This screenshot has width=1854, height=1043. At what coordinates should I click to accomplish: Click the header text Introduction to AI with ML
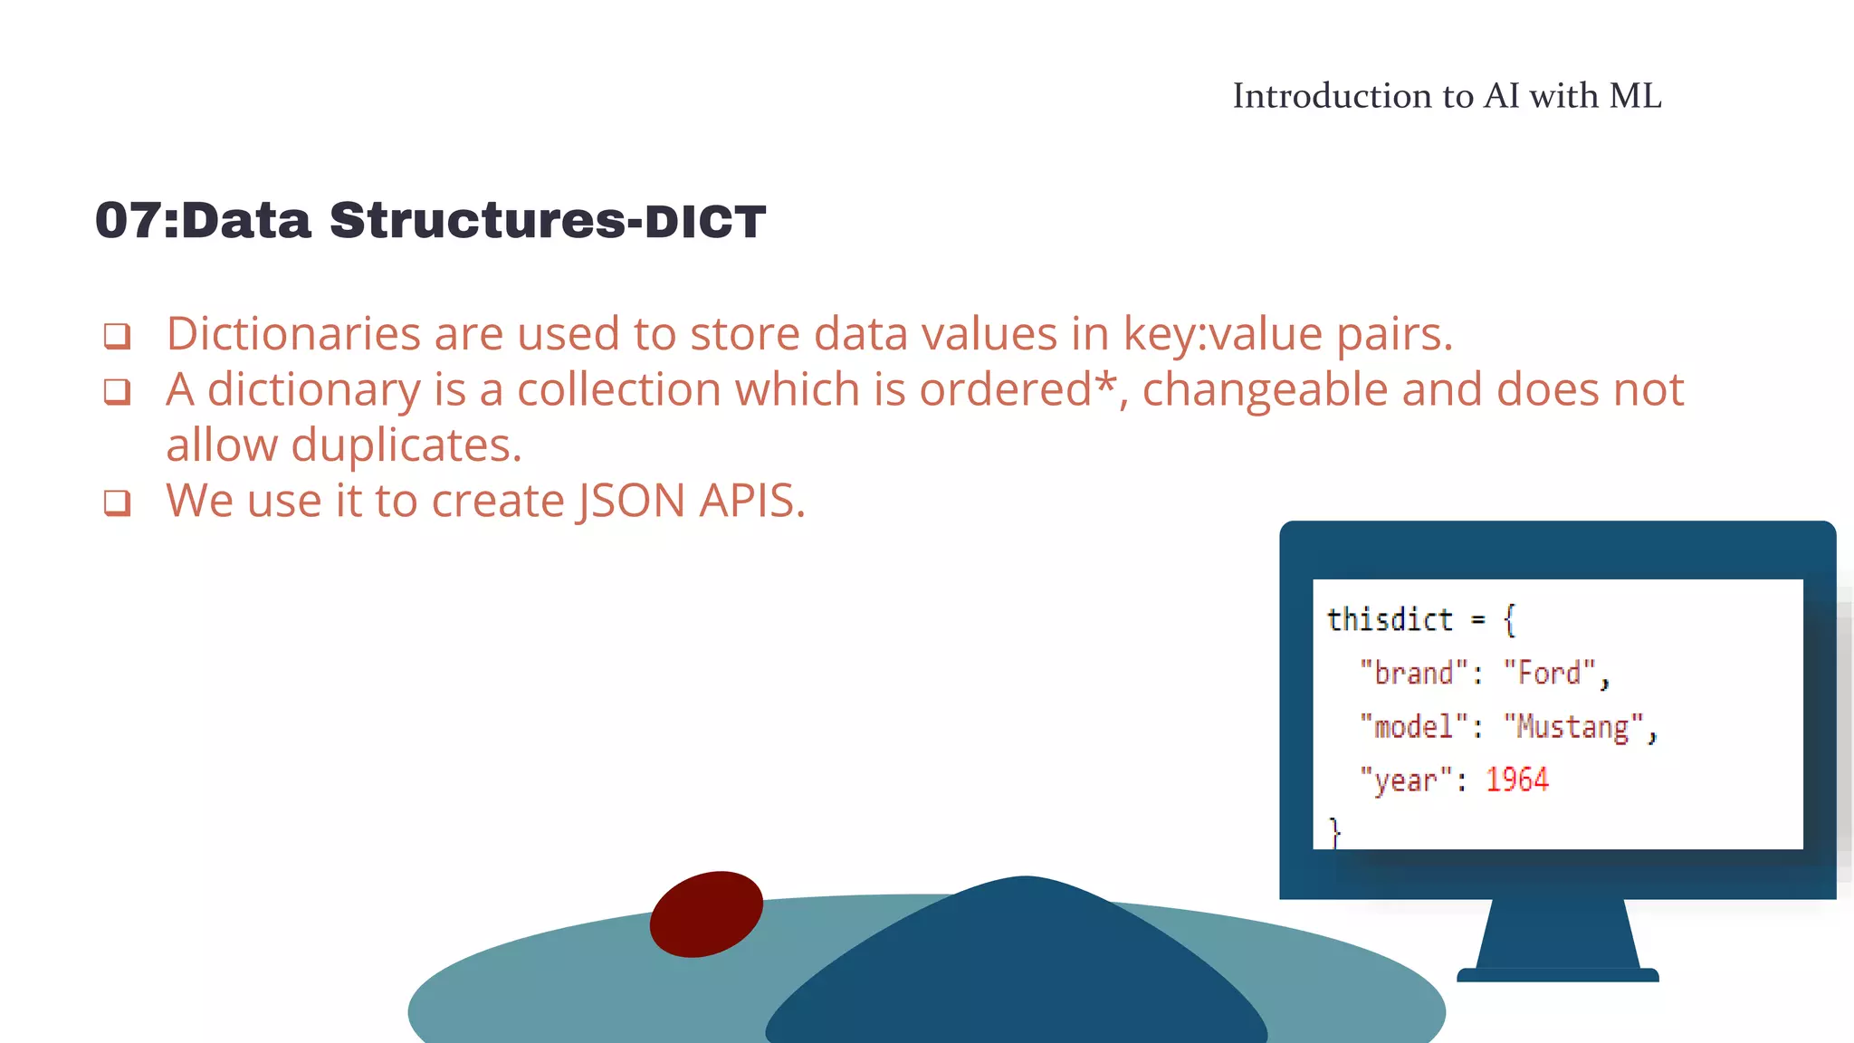[x=1447, y=96]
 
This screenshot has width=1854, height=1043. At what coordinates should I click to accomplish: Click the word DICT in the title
[x=705, y=223]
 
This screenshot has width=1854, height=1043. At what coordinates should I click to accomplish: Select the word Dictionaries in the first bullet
[x=293, y=334]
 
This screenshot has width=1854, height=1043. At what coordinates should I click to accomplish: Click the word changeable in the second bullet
[x=1265, y=390]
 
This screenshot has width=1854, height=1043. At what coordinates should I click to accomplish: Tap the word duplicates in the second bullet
[x=406, y=445]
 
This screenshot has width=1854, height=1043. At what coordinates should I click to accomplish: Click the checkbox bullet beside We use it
[x=117, y=502]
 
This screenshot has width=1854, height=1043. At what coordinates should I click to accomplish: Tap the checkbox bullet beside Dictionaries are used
[x=117, y=336]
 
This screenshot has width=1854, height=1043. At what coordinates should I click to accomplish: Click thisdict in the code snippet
[x=1389, y=620]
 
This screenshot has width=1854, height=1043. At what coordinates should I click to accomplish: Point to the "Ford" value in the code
[x=1549, y=674]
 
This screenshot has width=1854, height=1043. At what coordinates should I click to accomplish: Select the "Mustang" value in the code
[x=1573, y=727]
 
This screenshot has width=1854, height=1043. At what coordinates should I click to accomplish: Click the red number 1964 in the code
[x=1516, y=780]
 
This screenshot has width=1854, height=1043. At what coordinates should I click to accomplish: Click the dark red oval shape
[x=706, y=914]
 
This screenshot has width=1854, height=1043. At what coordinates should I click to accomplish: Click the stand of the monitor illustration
[x=1557, y=937]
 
